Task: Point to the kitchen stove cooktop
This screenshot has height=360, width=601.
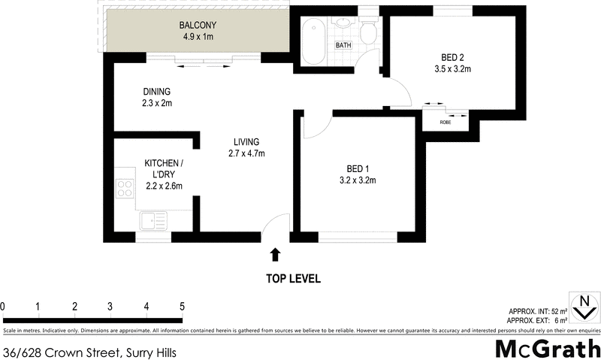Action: (125, 188)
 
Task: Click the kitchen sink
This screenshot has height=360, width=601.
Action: (153, 221)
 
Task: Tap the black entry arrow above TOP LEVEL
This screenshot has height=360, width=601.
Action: (275, 255)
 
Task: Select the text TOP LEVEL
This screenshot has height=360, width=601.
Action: (293, 279)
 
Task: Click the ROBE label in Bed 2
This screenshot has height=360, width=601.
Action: (445, 121)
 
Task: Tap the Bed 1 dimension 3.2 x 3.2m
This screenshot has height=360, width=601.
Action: (357, 180)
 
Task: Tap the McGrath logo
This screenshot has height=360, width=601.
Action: (547, 348)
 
